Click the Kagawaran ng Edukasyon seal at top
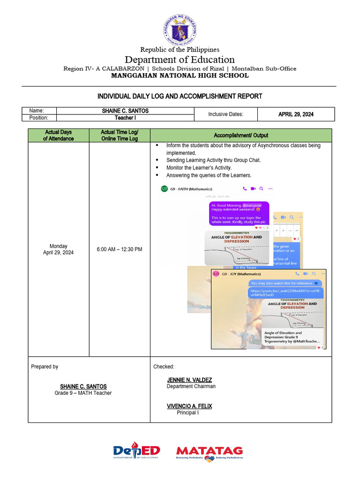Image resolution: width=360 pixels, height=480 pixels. pyautogui.click(x=180, y=29)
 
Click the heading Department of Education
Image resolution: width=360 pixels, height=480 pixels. pyautogui.click(x=180, y=60)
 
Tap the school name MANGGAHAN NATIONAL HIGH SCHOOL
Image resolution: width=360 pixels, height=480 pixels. pyautogui.click(x=180, y=75)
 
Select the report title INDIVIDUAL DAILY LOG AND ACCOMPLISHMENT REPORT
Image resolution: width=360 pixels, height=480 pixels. pyautogui.click(x=180, y=96)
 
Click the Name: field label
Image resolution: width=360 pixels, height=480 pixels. pyautogui.click(x=37, y=111)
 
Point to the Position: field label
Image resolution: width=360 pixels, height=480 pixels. pyautogui.click(x=39, y=118)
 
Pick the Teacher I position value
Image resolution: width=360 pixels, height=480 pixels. pyautogui.click(x=125, y=118)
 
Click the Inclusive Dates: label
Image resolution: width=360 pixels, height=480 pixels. pyautogui.click(x=226, y=114)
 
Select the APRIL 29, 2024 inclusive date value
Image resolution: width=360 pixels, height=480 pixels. pyautogui.click(x=296, y=114)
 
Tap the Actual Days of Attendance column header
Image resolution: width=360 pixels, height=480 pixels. pyautogui.click(x=59, y=135)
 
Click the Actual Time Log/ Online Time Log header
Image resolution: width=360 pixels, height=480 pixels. pyautogui.click(x=120, y=135)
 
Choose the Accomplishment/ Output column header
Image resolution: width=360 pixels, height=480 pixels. pyautogui.click(x=241, y=135)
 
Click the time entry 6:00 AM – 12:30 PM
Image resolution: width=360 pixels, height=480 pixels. pyautogui.click(x=120, y=249)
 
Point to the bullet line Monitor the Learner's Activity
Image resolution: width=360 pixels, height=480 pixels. pyautogui.click(x=199, y=167)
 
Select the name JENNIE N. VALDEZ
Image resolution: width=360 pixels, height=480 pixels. pyautogui.click(x=189, y=380)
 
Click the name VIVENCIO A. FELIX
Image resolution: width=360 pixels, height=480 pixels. pyautogui.click(x=189, y=406)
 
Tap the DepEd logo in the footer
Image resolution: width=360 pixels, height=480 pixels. pyautogui.click(x=136, y=451)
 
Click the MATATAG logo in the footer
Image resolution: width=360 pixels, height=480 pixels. pyautogui.click(x=209, y=452)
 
